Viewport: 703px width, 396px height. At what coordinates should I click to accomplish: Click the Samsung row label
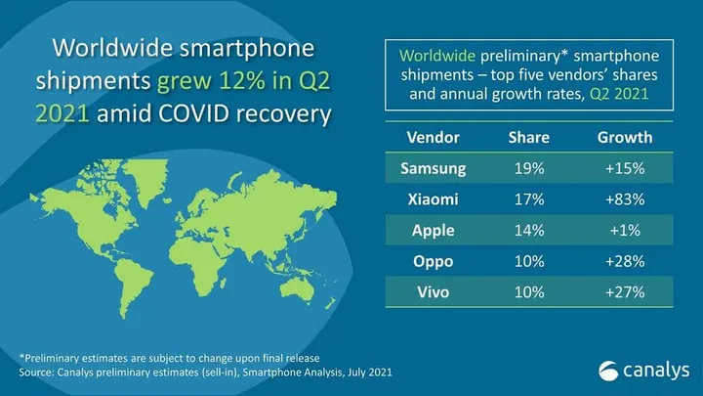433,168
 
